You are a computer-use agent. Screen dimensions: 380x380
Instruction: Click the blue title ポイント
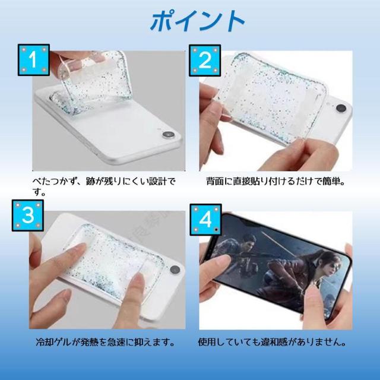tap(197, 22)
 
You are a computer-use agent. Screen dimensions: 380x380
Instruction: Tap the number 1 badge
tap(33, 61)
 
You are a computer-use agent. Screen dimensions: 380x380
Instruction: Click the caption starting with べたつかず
tap(104, 183)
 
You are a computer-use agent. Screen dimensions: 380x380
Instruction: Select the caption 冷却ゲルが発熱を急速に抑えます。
tap(104, 343)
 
